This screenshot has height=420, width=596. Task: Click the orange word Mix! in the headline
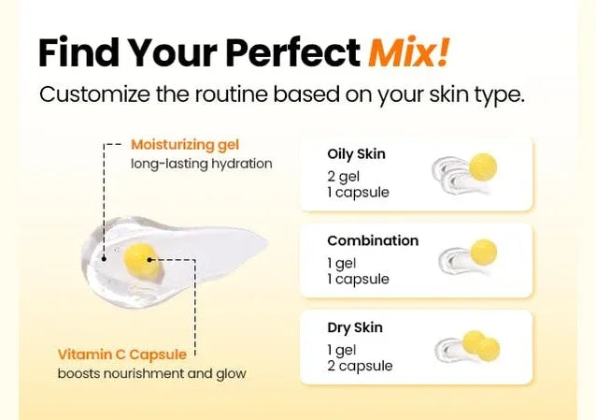409,52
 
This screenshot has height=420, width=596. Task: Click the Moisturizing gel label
185,145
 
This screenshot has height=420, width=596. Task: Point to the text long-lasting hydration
202,164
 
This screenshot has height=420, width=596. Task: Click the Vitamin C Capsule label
122,355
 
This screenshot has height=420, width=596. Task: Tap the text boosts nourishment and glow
151,373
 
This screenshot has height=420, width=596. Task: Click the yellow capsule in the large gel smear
141,262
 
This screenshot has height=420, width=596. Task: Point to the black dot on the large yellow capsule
149,260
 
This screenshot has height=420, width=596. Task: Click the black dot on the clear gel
104,259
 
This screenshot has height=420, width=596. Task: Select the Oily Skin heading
356,153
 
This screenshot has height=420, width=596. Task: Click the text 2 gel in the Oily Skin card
343,177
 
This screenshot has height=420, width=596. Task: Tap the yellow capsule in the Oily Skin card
483,167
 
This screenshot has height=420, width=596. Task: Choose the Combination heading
373,240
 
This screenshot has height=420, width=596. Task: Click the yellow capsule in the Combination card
484,253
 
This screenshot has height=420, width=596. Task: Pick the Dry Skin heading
355,327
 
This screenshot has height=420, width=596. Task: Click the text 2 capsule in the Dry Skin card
360,366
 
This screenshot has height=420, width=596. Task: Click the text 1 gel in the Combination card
341,263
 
